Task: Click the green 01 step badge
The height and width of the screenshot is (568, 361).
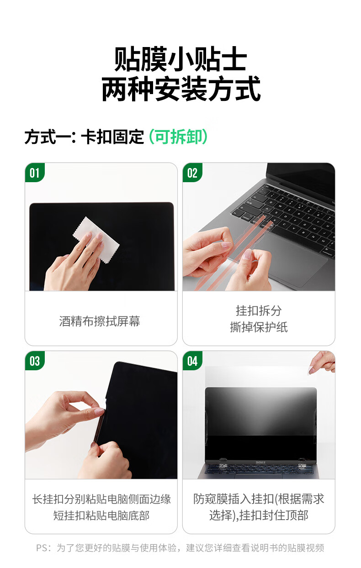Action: [35, 173]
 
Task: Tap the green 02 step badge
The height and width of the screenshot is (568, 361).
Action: [192, 173]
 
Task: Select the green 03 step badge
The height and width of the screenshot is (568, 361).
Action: [35, 361]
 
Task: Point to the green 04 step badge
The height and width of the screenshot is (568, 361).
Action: [192, 361]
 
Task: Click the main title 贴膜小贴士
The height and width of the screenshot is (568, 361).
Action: [180, 59]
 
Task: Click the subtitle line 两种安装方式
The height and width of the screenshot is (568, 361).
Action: [181, 89]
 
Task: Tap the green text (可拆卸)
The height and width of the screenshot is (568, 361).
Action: [178, 137]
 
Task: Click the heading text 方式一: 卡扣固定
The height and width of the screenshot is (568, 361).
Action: [84, 137]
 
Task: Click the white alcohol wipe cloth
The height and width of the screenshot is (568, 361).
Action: [96, 239]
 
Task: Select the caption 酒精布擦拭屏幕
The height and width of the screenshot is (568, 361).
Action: [100, 321]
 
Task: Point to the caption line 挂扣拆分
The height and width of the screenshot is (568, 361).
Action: [259, 310]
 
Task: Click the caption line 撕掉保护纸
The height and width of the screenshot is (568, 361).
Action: [259, 327]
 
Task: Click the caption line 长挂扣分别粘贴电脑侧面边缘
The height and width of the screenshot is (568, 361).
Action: [101, 499]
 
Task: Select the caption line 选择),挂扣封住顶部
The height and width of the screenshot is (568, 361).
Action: [259, 515]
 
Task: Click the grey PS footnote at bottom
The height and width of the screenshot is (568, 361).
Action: [180, 548]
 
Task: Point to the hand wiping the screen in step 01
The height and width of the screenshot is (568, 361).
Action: [74, 264]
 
